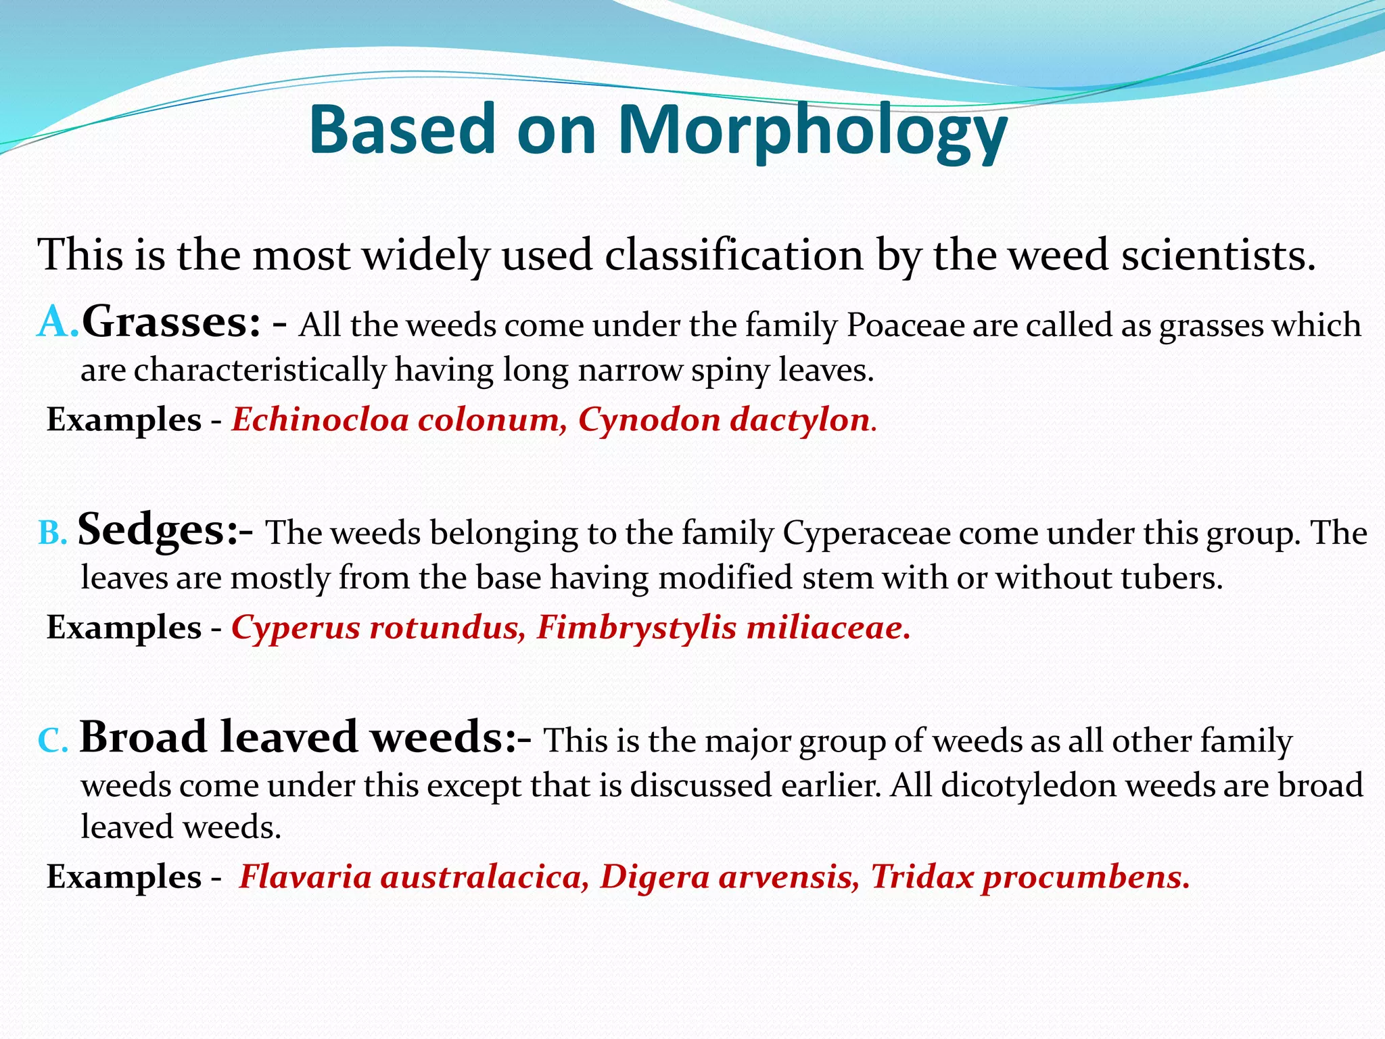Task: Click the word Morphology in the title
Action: pyautogui.click(x=812, y=130)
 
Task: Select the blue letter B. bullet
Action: pyautogui.click(x=52, y=533)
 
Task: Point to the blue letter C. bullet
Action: pyautogui.click(x=53, y=741)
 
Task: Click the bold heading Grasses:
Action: pyautogui.click(x=170, y=322)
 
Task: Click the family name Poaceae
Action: pyautogui.click(x=906, y=325)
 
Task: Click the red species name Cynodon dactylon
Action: pyautogui.click(x=724, y=420)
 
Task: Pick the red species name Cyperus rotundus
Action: pyautogui.click(x=377, y=628)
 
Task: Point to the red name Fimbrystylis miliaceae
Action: pyautogui.click(x=721, y=628)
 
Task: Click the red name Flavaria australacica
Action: pyautogui.click(x=413, y=877)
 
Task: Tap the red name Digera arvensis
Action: pyautogui.click(x=729, y=877)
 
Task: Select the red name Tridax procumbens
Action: pyautogui.click(x=1028, y=877)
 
